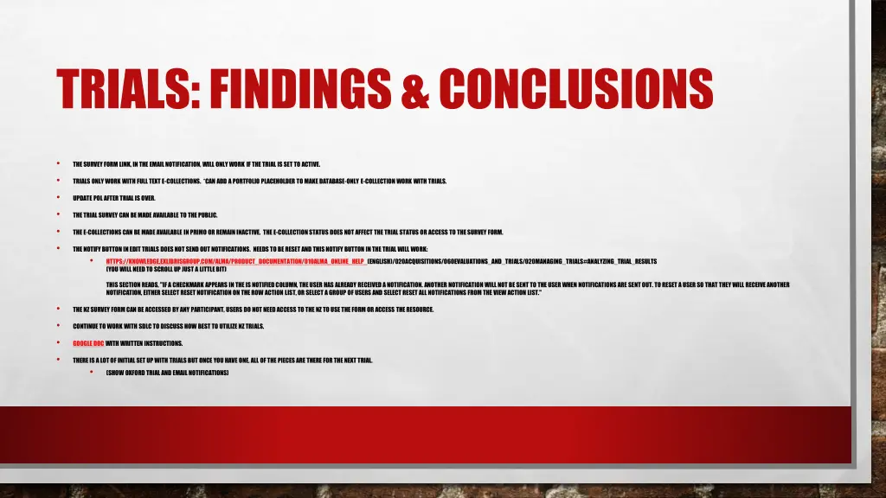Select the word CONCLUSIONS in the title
(575, 89)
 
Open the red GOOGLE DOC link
(88, 343)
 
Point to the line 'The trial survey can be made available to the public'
(145, 215)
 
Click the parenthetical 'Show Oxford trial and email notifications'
(167, 373)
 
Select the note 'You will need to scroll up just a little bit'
(166, 269)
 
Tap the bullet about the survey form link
(196, 163)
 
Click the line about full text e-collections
(260, 181)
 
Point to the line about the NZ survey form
(254, 310)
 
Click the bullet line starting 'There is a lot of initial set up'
(222, 360)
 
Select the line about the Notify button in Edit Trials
(256, 249)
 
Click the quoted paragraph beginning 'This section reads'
(447, 289)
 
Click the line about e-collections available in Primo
(287, 232)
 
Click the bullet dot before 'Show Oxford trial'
(91, 373)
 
